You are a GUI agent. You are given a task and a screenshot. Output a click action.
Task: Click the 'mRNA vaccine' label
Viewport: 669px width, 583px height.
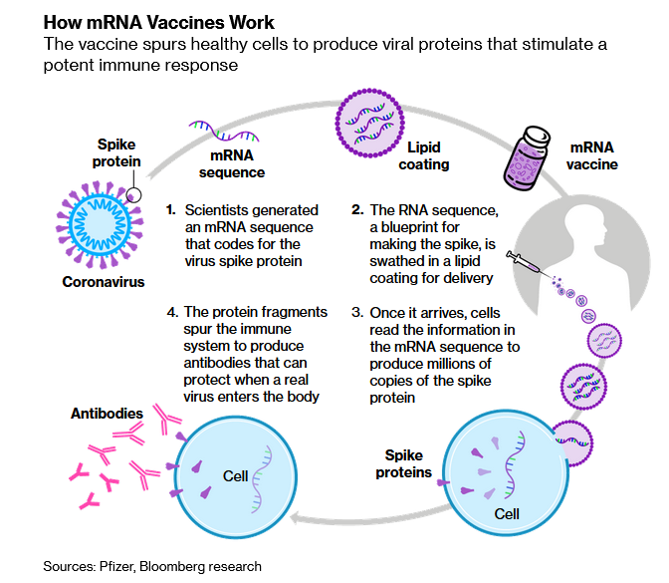[592, 155]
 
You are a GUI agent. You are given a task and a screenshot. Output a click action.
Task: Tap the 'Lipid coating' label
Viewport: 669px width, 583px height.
[424, 155]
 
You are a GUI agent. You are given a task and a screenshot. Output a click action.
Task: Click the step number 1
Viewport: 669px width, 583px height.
[171, 210]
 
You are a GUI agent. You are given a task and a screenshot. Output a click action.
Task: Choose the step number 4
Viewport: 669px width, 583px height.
[171, 312]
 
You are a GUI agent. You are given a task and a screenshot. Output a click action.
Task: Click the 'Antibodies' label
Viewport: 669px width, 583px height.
[108, 413]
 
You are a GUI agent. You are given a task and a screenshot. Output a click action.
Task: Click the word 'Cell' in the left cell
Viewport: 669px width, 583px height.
[236, 475]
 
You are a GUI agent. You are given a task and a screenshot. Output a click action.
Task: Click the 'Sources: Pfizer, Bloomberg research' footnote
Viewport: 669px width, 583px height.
[152, 566]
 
